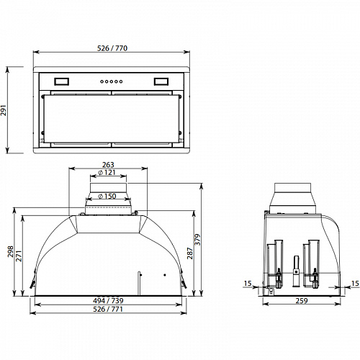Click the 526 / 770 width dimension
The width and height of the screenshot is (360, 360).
click(113, 48)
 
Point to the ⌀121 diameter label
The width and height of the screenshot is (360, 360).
click(107, 173)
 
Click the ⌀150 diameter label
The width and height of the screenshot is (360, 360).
click(107, 196)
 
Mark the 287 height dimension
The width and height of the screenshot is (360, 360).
click(190, 254)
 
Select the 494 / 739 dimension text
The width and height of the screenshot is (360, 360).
click(107, 299)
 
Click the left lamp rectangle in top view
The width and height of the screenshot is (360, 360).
click(61, 81)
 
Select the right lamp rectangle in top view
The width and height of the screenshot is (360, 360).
click(160, 81)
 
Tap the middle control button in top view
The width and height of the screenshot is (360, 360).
click(110, 81)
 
